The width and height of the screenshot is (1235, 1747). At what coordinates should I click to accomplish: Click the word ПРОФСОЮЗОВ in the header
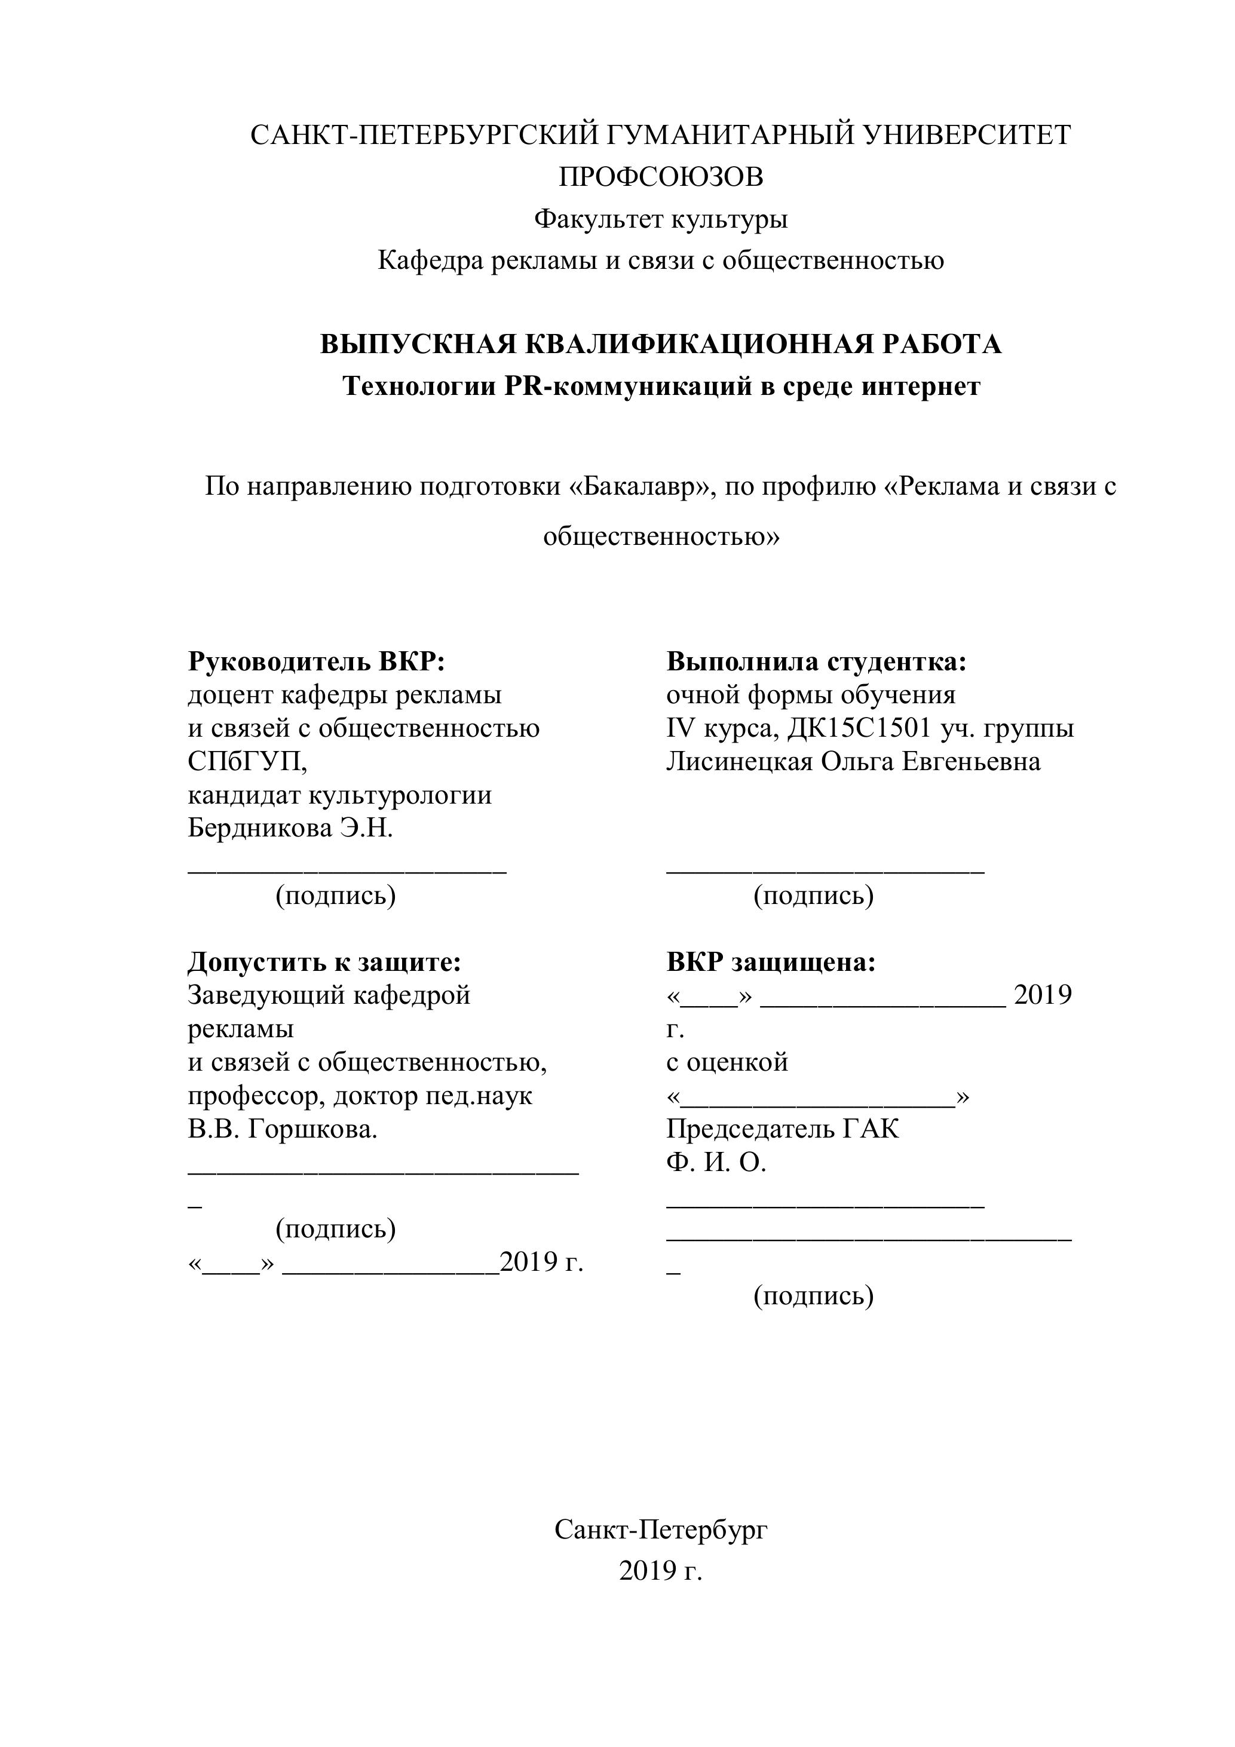660,177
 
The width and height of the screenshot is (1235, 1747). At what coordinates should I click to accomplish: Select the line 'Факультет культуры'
660,219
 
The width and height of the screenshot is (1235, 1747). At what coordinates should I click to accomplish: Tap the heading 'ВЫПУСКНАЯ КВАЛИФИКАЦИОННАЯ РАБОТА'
660,345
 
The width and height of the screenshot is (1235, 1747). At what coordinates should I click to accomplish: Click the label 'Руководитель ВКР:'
316,661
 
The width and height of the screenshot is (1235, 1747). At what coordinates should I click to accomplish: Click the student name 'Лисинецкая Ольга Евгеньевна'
853,762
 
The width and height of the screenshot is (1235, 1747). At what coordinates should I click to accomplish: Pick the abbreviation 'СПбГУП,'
247,762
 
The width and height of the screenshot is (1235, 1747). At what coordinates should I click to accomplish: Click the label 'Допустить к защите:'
324,962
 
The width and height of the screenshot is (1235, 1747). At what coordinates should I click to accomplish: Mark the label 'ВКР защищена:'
771,962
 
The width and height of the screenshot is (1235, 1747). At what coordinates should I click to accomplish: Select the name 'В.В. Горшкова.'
282,1129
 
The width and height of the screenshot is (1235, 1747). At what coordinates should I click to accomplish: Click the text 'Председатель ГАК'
782,1129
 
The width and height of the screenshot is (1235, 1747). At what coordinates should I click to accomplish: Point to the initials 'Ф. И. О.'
716,1163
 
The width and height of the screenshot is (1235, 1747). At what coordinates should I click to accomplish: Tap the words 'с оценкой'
727,1062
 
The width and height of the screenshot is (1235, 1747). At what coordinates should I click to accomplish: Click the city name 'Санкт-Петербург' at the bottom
660,1530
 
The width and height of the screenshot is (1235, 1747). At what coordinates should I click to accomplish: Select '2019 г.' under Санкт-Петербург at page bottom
660,1571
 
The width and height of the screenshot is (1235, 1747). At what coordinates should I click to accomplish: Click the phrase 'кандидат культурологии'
339,795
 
